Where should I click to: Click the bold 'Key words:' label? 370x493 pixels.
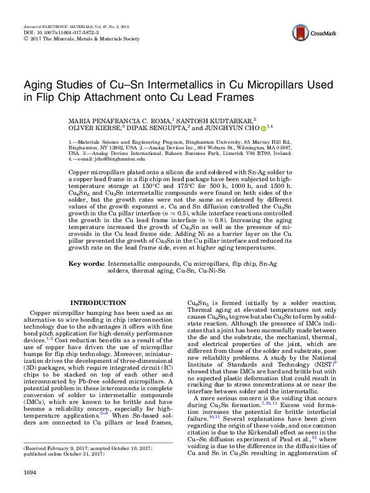tap(87, 265)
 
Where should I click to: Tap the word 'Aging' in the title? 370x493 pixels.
tap(40, 85)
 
